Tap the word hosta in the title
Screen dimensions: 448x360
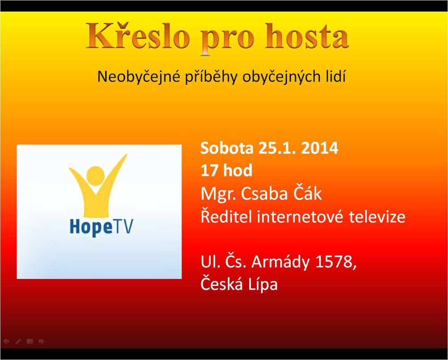[x=307, y=36]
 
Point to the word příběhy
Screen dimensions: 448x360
[x=211, y=77]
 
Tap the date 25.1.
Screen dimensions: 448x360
[x=277, y=148]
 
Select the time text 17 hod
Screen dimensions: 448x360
[x=227, y=171]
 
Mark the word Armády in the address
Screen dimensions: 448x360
[x=280, y=262]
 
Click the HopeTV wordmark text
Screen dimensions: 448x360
[x=101, y=227]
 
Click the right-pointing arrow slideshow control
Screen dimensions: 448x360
[x=41, y=341]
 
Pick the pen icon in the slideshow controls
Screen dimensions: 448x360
[x=18, y=341]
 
